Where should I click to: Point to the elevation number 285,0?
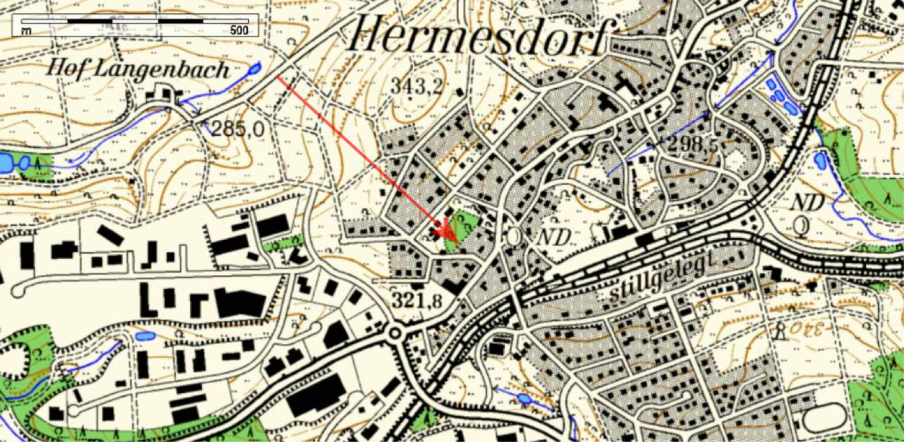238,129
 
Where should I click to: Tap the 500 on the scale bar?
239,31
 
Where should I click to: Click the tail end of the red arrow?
277,77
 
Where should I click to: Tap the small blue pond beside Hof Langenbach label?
254,69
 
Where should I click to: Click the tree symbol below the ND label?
800,225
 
